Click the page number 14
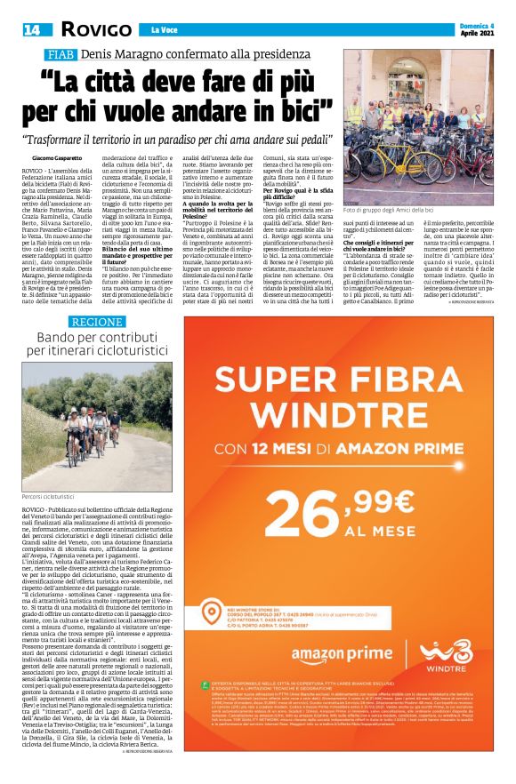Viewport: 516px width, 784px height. tap(32, 30)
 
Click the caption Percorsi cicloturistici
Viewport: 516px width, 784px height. tap(50, 495)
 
